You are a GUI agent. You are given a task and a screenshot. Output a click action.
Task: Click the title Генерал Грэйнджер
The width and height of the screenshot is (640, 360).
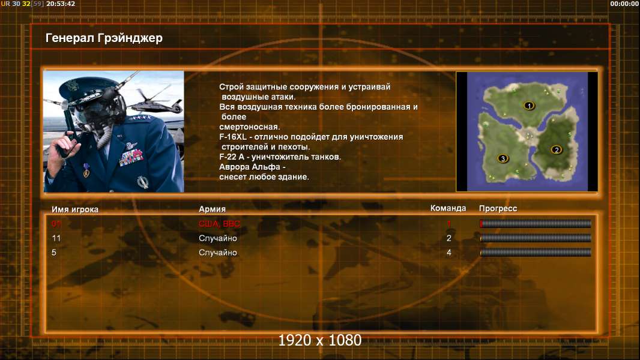[x=104, y=38]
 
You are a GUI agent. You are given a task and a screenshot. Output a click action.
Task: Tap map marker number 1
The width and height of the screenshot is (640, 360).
[x=529, y=106]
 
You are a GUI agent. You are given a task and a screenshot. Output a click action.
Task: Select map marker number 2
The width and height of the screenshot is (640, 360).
[x=557, y=149]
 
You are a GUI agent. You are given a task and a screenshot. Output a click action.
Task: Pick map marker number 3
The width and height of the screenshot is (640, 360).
[x=503, y=158]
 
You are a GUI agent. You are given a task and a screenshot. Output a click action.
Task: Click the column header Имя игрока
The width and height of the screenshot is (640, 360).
[x=74, y=209]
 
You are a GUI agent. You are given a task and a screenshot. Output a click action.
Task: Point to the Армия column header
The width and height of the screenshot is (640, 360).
[x=213, y=209]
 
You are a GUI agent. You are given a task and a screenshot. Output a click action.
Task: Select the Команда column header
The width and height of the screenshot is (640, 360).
[x=448, y=208]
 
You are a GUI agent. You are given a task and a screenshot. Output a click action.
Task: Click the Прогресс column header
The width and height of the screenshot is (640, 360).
[x=498, y=208]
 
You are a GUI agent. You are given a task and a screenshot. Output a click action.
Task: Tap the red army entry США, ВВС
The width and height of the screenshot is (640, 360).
[x=219, y=224]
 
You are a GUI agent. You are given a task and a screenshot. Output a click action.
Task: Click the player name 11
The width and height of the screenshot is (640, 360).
[x=56, y=238]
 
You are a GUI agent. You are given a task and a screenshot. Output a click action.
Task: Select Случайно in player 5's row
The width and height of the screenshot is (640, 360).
[x=217, y=253]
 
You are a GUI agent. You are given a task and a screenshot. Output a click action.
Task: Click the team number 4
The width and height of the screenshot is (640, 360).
[x=449, y=253]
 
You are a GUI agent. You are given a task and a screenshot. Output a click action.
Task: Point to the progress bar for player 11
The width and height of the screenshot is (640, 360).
[x=536, y=238]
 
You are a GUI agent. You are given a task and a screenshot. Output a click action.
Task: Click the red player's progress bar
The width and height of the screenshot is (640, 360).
[x=536, y=223]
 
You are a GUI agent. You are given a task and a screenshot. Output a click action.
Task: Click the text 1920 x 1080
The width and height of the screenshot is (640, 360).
[x=320, y=340]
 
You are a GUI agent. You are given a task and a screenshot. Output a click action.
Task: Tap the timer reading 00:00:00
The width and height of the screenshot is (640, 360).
[x=624, y=4]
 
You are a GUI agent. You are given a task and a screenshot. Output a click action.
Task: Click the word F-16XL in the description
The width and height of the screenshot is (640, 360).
[x=233, y=137]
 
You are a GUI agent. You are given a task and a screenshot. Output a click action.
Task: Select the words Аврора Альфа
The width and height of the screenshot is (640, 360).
[x=250, y=167]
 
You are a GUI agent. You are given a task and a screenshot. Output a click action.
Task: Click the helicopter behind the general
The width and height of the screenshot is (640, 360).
[x=157, y=102]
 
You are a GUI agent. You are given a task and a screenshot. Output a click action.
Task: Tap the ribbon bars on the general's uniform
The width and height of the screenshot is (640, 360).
[x=131, y=157]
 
